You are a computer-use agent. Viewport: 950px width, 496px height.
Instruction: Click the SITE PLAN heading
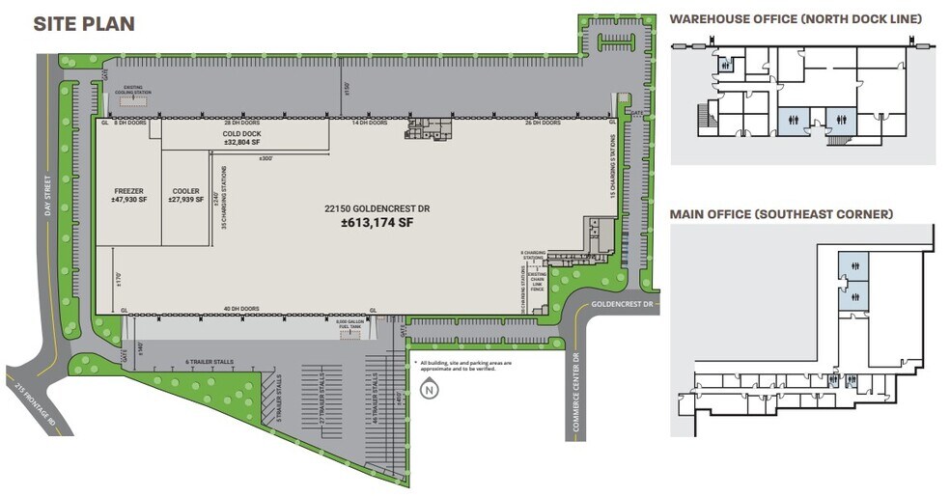coord(83,24)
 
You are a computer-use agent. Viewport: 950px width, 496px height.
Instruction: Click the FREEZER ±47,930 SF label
coord(128,195)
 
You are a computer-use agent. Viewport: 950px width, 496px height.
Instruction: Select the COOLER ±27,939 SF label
coord(184,195)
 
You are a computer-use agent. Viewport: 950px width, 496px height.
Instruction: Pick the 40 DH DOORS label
coord(241,309)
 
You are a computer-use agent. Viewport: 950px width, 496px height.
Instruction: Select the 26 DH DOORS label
coord(543,124)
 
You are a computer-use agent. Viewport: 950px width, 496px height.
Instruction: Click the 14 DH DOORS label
coord(369,124)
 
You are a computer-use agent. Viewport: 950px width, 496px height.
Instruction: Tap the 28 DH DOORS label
coord(241,124)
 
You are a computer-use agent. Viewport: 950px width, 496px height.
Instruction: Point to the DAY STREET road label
coord(44,194)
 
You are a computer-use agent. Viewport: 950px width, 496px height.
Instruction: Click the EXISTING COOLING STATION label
coord(133,91)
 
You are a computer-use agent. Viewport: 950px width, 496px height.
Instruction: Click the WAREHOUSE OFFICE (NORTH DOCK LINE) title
coord(796,18)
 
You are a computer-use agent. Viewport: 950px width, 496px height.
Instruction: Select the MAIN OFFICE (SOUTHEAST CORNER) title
coord(781,213)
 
